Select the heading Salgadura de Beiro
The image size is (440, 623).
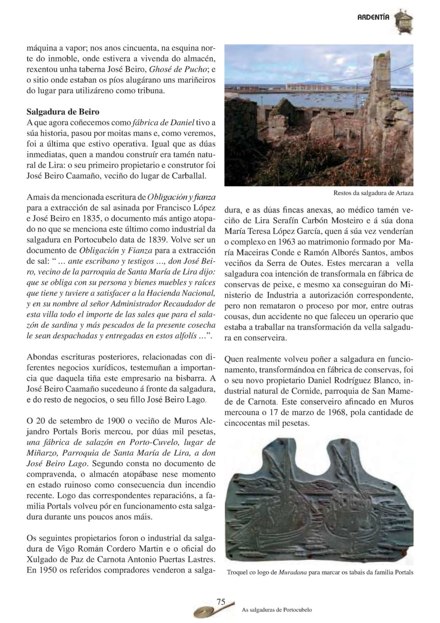pos(63,112)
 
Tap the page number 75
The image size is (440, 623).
pos(221,602)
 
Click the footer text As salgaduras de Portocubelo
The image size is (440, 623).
pos(277,610)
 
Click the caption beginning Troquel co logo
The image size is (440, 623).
pos(320,572)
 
